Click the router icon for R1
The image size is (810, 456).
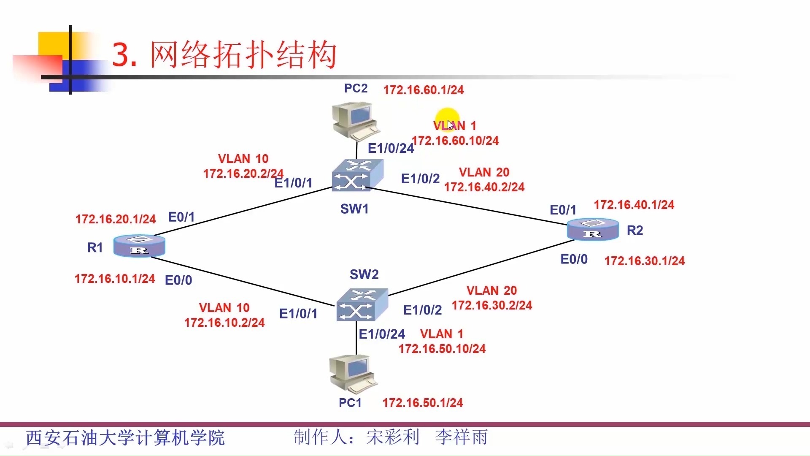point(139,246)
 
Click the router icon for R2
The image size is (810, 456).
point(593,229)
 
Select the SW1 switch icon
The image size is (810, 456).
point(357,175)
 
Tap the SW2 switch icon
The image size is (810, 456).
point(362,304)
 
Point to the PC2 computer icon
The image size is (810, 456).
point(356,121)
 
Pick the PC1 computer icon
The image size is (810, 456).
point(353,374)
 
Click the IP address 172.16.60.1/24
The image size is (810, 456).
point(423,90)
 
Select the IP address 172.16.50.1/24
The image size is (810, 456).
point(422,403)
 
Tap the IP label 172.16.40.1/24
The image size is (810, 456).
point(634,205)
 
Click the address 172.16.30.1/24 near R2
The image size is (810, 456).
point(644,261)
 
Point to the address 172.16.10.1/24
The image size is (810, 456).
point(115,279)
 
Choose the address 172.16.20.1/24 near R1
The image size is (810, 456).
point(116,219)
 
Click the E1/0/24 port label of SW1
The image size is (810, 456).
point(391,148)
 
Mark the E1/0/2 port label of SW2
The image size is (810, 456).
point(422,310)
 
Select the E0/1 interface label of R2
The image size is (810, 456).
point(563,210)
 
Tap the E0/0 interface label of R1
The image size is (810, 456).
point(178,280)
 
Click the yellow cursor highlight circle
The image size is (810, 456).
point(448,119)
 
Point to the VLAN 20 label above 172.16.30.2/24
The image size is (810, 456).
point(491,290)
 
